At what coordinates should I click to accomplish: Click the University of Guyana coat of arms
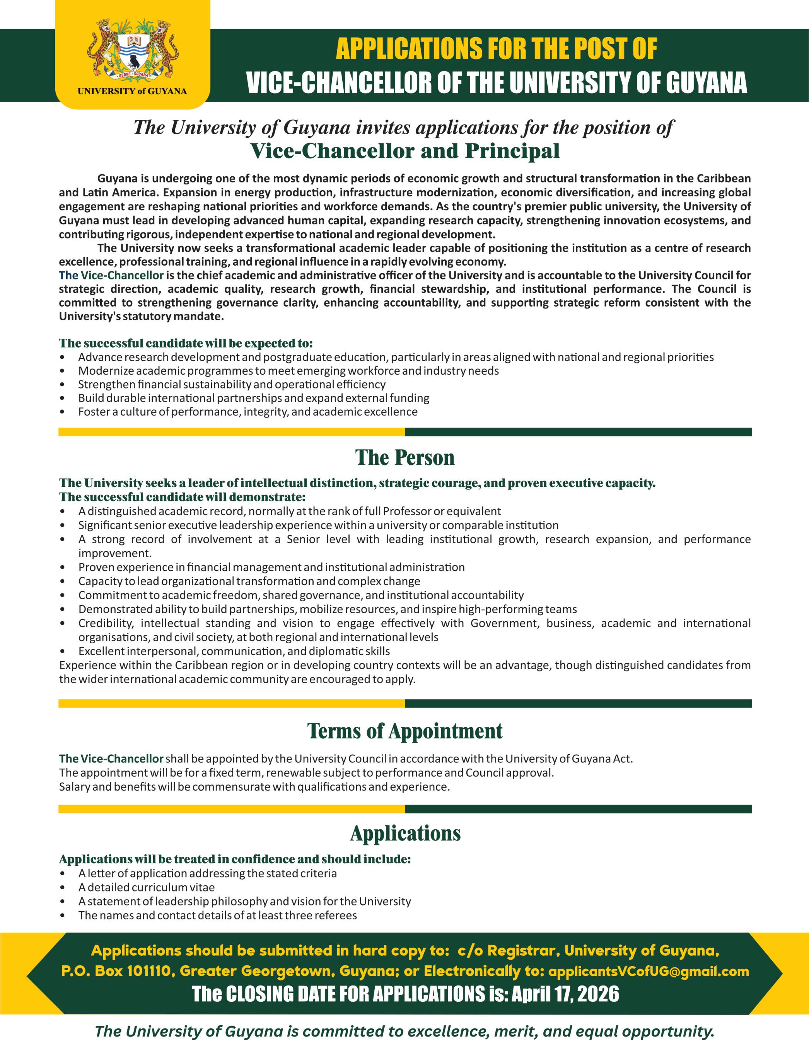point(133,50)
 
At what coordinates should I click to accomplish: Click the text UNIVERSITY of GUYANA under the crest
point(133,91)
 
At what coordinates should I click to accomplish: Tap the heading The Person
point(404,458)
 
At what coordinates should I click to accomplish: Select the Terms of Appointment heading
point(404,731)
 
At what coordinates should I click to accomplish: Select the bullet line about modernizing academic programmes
point(288,370)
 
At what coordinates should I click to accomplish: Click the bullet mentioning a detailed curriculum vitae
point(146,887)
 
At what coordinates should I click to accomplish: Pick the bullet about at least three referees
point(217,915)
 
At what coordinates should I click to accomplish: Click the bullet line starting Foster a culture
point(248,411)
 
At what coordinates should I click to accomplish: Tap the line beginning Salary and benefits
point(254,786)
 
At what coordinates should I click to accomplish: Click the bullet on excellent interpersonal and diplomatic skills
point(234,650)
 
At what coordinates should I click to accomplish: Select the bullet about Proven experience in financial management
point(271,567)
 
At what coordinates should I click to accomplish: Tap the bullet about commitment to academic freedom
point(300,595)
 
